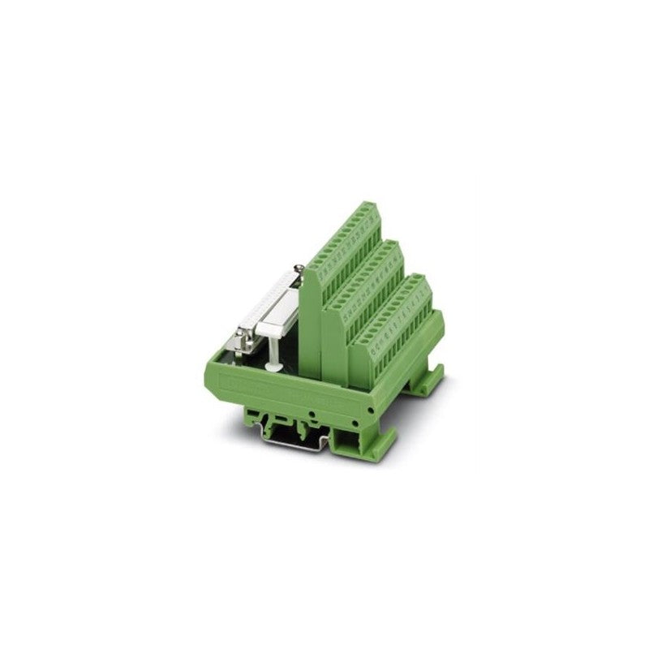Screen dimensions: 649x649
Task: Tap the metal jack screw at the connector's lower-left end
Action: point(243,335)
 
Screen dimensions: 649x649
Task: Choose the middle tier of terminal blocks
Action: point(369,280)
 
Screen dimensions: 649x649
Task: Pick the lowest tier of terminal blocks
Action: point(398,316)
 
